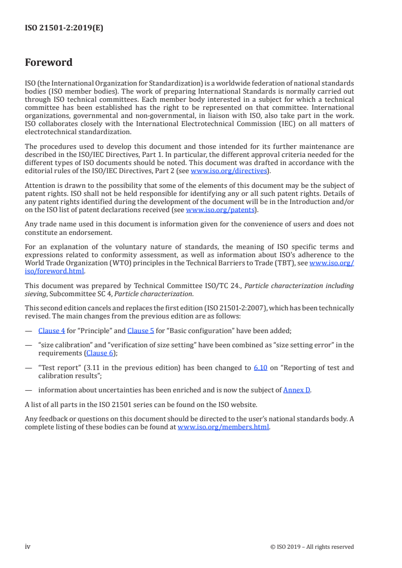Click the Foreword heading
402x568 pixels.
(x=49, y=63)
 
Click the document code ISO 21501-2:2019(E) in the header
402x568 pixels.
(x=64, y=28)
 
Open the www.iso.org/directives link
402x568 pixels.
(x=229, y=171)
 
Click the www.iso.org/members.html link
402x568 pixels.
(x=223, y=427)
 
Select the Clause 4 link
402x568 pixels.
(x=52, y=331)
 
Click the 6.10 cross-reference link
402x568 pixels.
(x=260, y=368)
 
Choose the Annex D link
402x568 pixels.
(x=297, y=390)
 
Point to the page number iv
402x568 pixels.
(x=28, y=546)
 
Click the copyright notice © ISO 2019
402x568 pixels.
(x=312, y=547)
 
